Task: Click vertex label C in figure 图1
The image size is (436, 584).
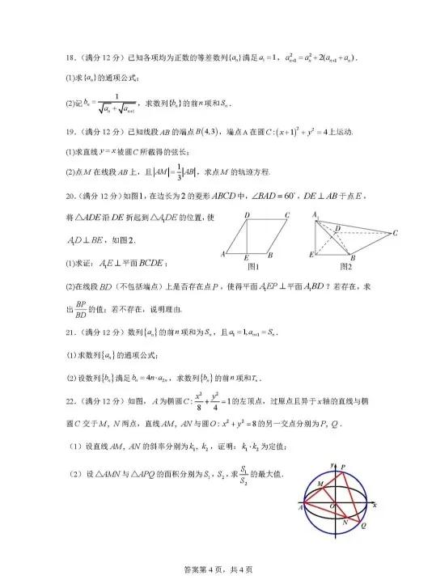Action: coord(287,215)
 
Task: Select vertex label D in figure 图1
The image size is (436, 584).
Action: coord(246,215)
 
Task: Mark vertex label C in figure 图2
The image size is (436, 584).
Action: coord(395,233)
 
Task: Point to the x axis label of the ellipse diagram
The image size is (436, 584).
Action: coord(376,505)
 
